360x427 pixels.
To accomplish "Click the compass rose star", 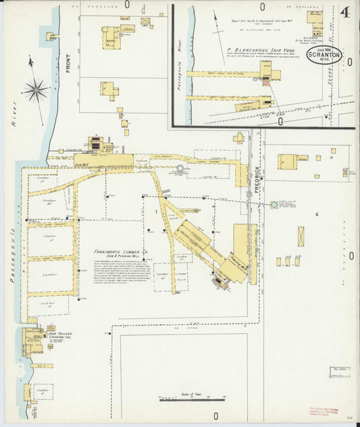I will [35, 89].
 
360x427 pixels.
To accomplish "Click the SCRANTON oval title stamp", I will [326, 56].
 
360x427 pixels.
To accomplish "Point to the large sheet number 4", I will [346, 12].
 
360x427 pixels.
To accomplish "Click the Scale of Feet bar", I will [192, 399].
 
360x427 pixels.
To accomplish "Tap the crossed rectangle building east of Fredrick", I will [301, 236].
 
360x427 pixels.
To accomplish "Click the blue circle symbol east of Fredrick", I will [274, 204].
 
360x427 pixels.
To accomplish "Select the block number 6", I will [316, 214].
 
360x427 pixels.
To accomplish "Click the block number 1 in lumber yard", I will [155, 212].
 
